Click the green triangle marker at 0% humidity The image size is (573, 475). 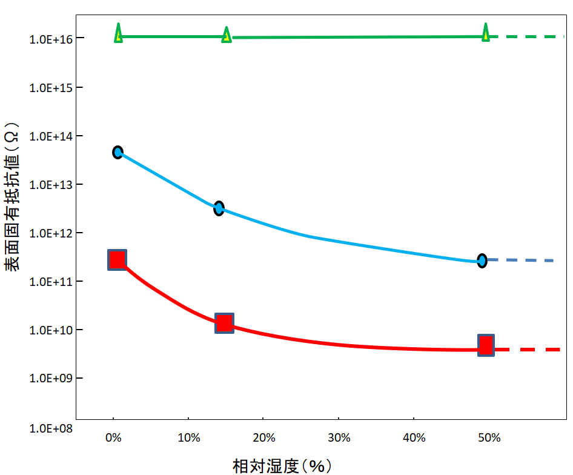[x=118, y=33]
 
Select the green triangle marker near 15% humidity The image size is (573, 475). [x=227, y=35]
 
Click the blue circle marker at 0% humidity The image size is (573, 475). [x=118, y=152]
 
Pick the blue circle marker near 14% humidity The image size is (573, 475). [x=219, y=208]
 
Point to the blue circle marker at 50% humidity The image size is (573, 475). [x=482, y=261]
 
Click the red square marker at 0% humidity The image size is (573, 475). [x=117, y=260]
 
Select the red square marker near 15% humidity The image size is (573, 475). [x=225, y=323]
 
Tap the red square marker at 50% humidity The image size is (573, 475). [x=486, y=345]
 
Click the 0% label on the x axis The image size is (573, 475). [x=113, y=437]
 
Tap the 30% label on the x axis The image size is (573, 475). [x=339, y=437]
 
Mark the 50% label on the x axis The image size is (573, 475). [x=489, y=437]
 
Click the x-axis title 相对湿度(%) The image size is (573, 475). [x=282, y=465]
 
